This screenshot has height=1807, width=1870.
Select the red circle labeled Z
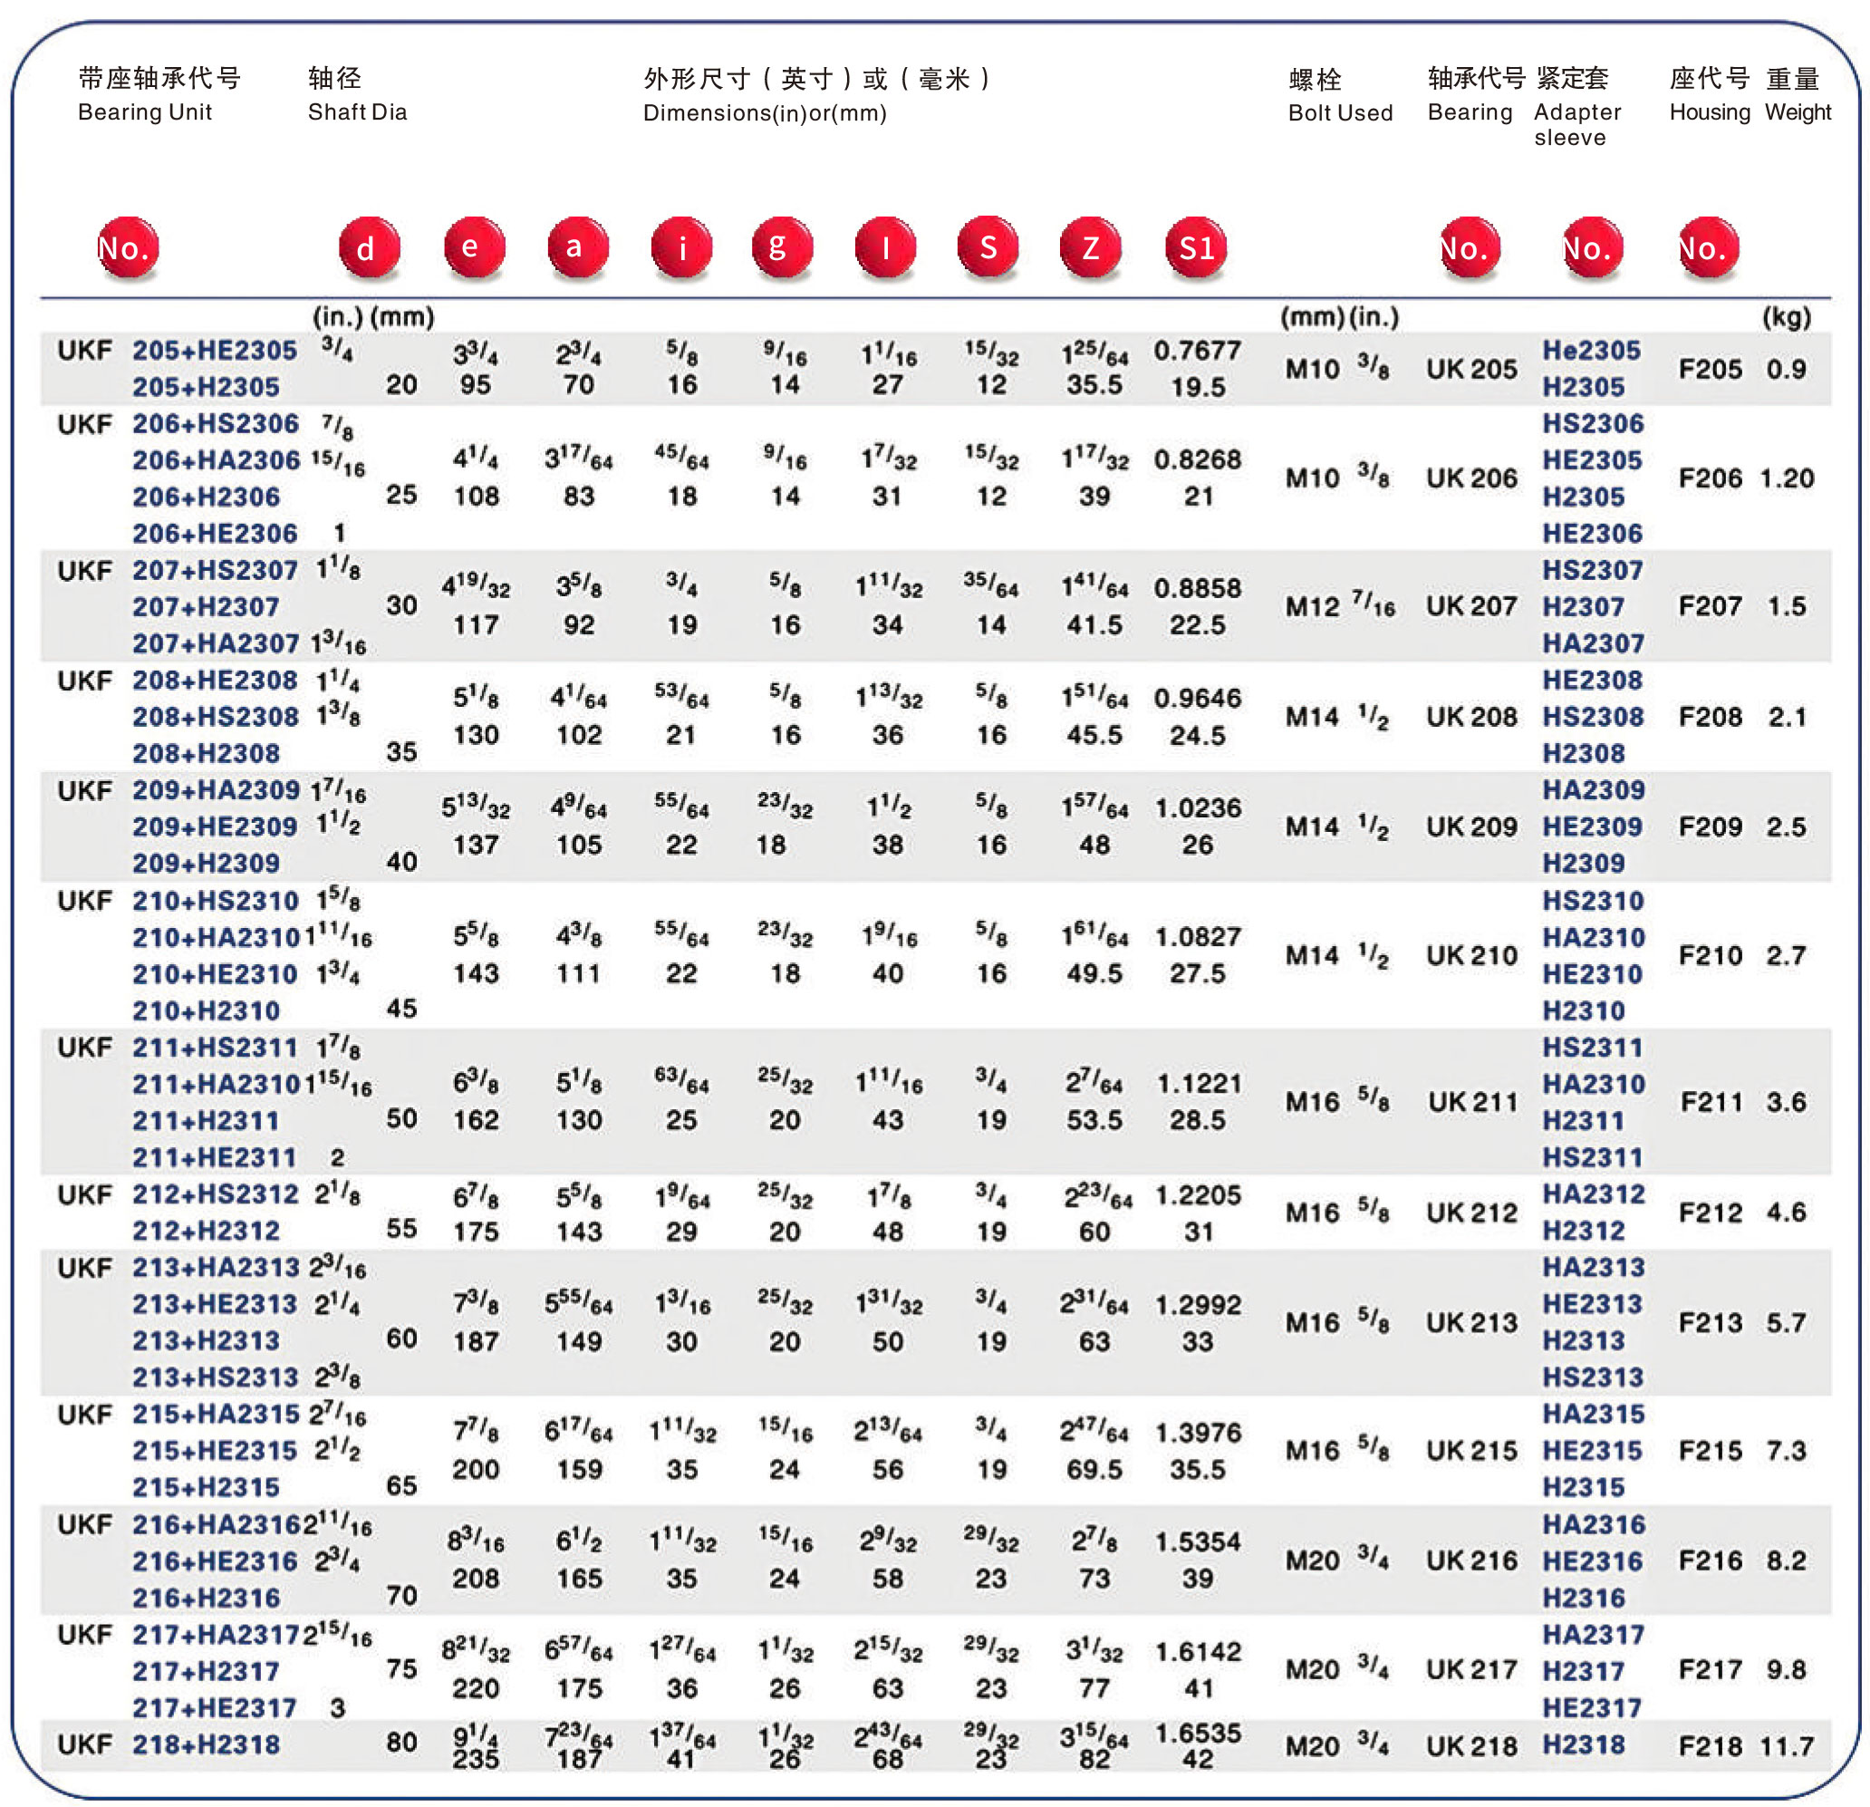click(x=1090, y=247)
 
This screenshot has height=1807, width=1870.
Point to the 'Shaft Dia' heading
click(x=357, y=111)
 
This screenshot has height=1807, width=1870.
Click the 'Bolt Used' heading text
click(x=1339, y=112)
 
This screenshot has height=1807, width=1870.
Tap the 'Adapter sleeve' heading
click(x=1576, y=124)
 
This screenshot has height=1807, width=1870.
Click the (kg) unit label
click(x=1785, y=317)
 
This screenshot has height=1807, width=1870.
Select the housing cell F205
click(x=1710, y=369)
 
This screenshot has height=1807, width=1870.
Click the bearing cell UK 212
click(x=1471, y=1213)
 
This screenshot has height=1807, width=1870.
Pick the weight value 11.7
click(x=1786, y=1746)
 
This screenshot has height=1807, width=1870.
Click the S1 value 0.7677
click(x=1197, y=351)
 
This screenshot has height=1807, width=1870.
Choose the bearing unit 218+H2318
click(x=205, y=1745)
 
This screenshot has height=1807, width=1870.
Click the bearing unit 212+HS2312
click(x=215, y=1194)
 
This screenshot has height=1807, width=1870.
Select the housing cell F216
click(x=1710, y=1561)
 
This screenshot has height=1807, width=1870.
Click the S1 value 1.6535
click(x=1197, y=1733)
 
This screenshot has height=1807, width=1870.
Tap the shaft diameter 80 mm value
click(x=401, y=1743)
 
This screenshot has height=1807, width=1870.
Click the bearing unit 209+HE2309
click(x=215, y=827)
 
